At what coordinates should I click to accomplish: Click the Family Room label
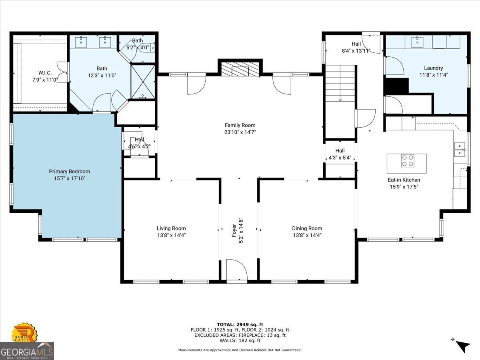tap(240, 125)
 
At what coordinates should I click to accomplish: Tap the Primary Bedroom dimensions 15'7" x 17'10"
tap(70, 178)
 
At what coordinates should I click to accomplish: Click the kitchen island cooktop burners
tap(407, 161)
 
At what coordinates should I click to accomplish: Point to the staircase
tap(340, 83)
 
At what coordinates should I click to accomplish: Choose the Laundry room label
tap(434, 68)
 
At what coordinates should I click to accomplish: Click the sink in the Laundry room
tap(417, 42)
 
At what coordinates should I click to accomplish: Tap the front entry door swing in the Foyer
tap(237, 270)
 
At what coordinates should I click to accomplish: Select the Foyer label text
tap(234, 230)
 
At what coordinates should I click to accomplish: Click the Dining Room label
tap(307, 228)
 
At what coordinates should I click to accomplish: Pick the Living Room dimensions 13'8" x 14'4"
tap(171, 236)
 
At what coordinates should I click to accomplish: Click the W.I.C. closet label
tap(45, 72)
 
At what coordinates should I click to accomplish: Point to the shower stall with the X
tap(142, 82)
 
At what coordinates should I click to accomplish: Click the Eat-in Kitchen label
tap(404, 180)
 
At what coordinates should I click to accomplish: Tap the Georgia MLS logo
tap(27, 351)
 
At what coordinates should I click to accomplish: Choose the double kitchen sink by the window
tap(460, 150)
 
